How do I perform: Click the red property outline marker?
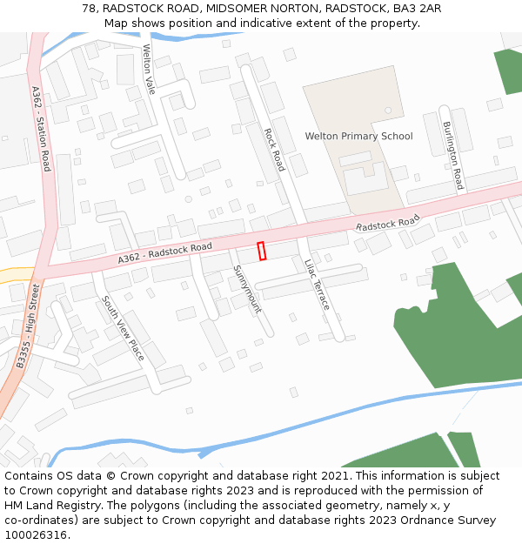[262, 251]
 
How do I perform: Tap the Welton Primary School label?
[358, 137]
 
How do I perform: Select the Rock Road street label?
[274, 150]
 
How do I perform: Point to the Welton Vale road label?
[149, 70]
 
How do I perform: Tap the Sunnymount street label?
[247, 290]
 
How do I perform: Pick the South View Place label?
[123, 329]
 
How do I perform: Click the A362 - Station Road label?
[42, 128]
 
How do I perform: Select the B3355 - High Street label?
[27, 325]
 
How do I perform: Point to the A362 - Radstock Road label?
[165, 253]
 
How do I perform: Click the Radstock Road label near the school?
[388, 223]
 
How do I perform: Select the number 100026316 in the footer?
[36, 534]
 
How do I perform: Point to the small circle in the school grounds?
[388, 110]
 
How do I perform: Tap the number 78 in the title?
[89, 8]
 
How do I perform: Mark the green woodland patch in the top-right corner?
[510, 70]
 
